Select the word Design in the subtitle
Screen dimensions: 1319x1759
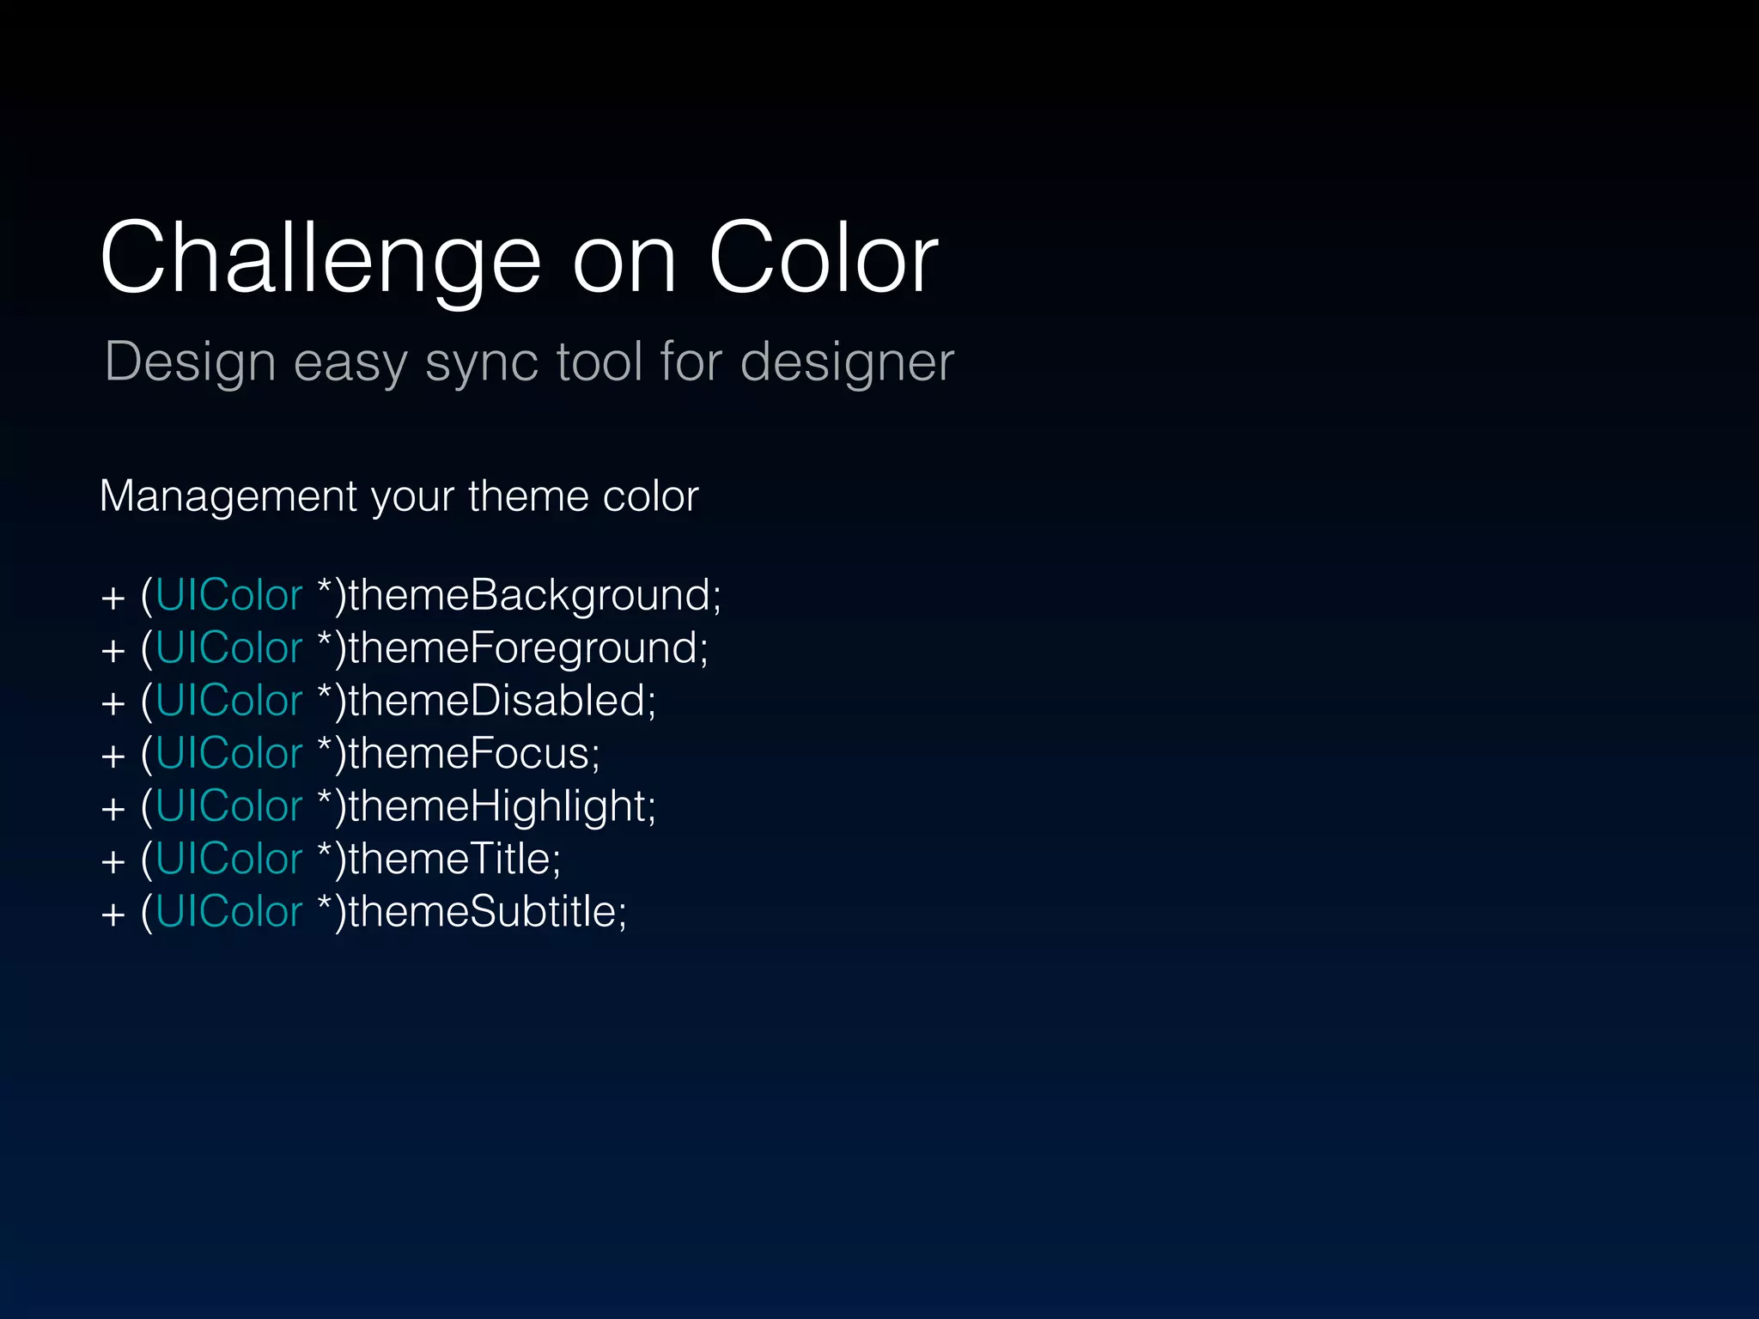click(190, 362)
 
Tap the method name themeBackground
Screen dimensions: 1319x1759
click(534, 595)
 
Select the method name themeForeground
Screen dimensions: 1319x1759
click(528, 647)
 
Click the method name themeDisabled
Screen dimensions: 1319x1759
click(502, 701)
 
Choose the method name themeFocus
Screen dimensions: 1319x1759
click(473, 753)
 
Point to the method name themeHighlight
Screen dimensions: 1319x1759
click(502, 806)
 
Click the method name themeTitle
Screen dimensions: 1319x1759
click(454, 859)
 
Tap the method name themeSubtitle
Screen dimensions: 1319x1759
click(487, 911)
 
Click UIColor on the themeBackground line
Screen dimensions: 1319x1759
click(229, 595)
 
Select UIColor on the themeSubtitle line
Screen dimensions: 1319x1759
click(229, 911)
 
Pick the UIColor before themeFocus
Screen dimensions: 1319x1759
click(229, 753)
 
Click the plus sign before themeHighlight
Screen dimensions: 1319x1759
click(113, 809)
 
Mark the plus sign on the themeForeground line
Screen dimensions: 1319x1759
click(113, 651)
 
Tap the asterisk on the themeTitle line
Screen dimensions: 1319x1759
click(325, 851)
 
